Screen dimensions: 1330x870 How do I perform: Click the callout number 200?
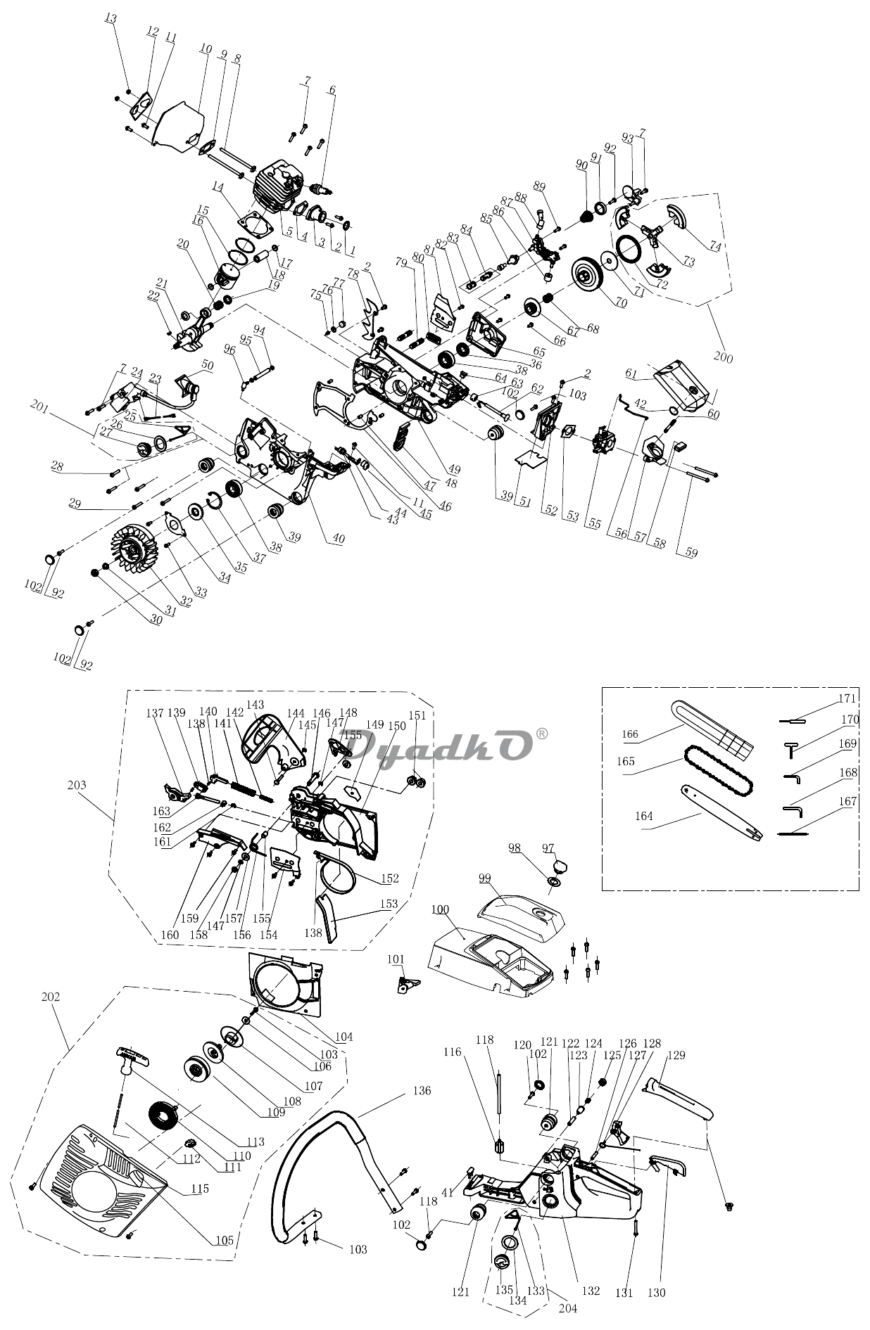(x=723, y=357)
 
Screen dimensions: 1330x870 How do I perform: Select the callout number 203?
(x=77, y=785)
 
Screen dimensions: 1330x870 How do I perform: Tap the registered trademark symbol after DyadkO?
(x=542, y=734)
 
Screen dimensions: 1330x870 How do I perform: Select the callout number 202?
(x=51, y=997)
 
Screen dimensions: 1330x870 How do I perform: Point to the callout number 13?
(x=111, y=18)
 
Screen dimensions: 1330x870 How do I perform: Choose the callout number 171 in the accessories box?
(x=847, y=698)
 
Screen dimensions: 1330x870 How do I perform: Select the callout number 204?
(x=567, y=1308)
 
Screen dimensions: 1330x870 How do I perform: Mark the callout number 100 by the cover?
(x=440, y=909)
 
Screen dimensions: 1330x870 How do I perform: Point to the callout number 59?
(x=691, y=553)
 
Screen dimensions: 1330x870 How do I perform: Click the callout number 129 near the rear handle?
(x=676, y=1055)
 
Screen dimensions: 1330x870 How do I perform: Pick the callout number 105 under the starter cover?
(x=224, y=1240)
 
